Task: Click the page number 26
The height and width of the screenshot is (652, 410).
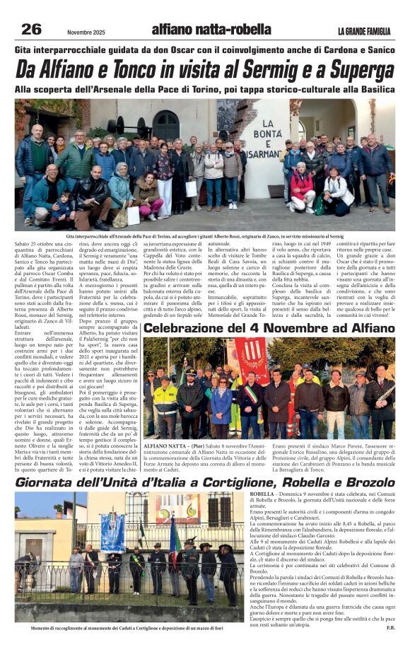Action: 31,29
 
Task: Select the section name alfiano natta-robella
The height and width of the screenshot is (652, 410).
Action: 211,30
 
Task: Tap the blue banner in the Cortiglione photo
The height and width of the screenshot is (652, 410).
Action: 112,530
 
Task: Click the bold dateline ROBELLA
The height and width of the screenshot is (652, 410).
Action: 262,496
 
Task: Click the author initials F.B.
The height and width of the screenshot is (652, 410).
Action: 389,626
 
